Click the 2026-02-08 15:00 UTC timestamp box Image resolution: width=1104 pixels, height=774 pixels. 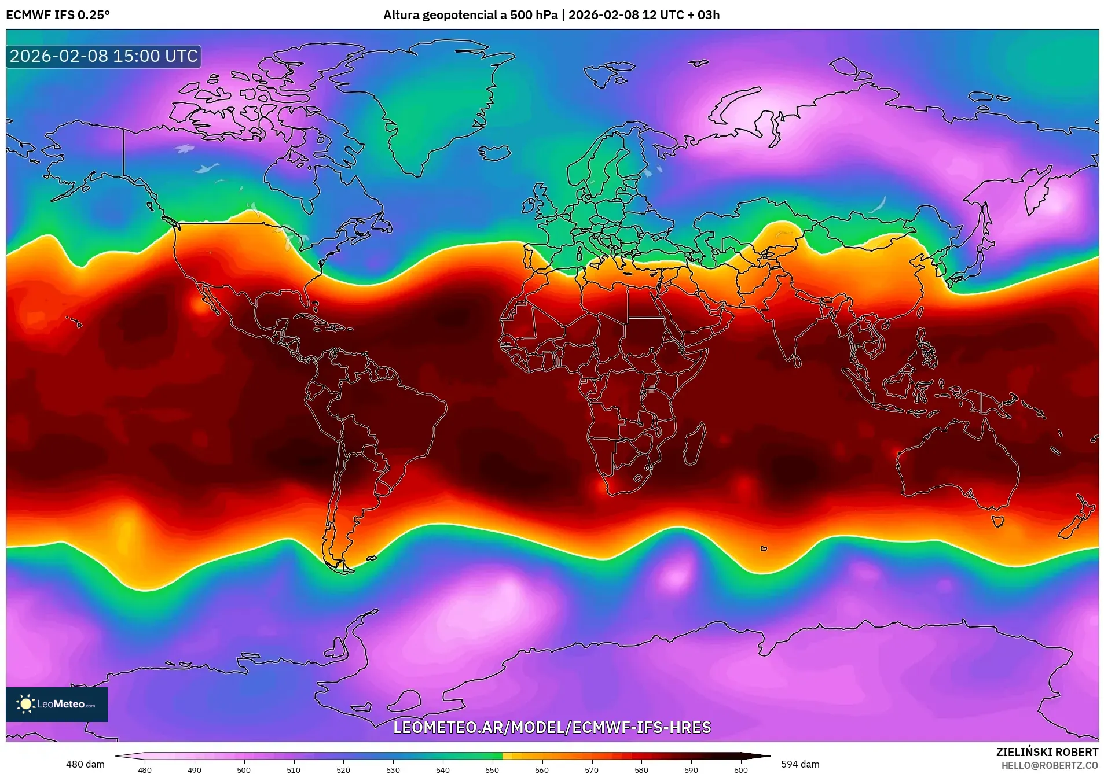pos(104,56)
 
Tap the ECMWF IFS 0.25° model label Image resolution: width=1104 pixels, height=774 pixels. pos(58,15)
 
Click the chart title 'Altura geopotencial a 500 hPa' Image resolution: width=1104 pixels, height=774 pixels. pos(470,15)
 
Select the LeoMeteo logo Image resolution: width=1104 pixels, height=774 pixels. pos(56,704)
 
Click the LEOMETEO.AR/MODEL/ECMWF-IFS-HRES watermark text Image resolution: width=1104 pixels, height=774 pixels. pos(552,727)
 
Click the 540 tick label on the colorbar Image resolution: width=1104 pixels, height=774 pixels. pos(443,770)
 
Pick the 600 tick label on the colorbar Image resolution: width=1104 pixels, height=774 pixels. pos(741,770)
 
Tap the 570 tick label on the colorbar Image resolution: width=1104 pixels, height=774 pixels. pos(592,770)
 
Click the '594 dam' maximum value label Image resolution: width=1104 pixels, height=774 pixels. pos(800,764)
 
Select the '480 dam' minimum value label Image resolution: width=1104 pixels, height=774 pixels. pos(85,764)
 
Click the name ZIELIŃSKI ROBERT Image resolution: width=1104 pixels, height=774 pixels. pos(1047,752)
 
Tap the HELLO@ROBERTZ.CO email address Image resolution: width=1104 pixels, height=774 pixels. pos(1050,765)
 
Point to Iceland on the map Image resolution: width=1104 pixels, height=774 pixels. pos(494,153)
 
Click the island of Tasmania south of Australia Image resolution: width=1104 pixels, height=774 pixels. pos(997,521)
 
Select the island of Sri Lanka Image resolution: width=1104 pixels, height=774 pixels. pos(797,361)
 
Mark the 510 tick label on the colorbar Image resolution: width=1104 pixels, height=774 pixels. pos(294,770)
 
